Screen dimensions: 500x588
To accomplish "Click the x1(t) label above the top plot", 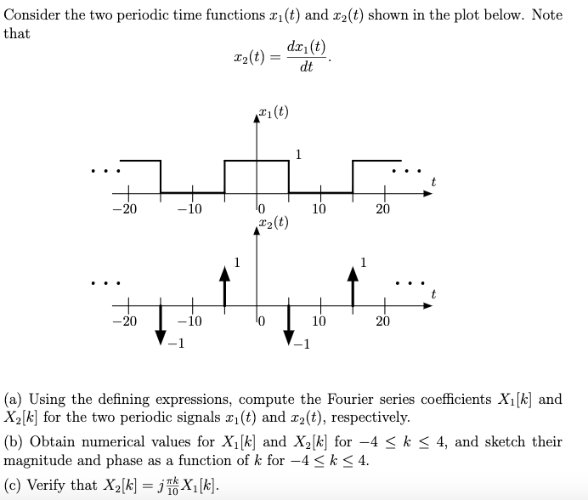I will [x=271, y=111].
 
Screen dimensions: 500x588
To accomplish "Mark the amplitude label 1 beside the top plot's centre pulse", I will [x=297, y=153].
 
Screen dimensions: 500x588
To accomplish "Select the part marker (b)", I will [x=14, y=442].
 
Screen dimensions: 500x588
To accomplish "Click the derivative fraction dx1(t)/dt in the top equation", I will [x=307, y=56].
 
